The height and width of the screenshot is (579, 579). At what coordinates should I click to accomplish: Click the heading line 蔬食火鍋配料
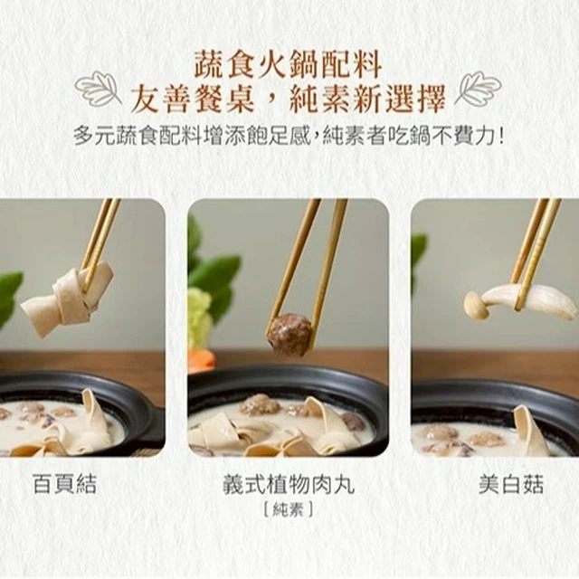click(x=288, y=65)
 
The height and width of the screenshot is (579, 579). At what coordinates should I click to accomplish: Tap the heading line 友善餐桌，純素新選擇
click(x=289, y=99)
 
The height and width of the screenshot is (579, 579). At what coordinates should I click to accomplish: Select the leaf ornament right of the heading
click(x=478, y=87)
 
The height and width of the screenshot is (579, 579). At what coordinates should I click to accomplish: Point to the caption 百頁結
click(x=64, y=484)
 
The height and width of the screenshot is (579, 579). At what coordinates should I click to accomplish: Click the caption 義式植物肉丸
click(x=289, y=484)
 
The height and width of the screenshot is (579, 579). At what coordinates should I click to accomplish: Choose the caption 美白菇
click(x=511, y=484)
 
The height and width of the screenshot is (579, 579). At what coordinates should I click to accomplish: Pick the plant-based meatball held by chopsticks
click(x=289, y=335)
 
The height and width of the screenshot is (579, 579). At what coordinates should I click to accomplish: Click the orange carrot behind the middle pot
click(x=201, y=360)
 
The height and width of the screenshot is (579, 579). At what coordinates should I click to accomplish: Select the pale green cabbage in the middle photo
click(x=199, y=318)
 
